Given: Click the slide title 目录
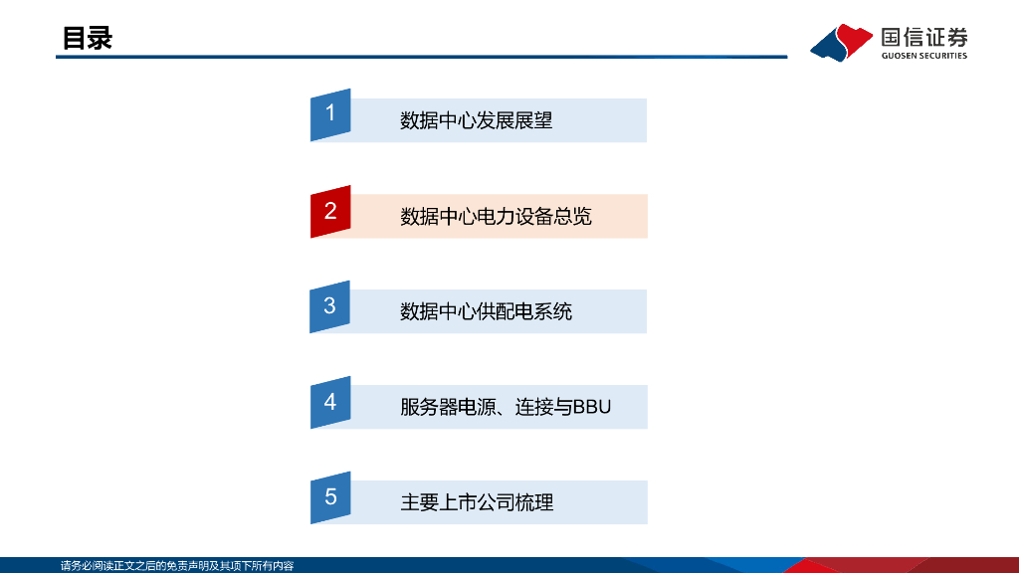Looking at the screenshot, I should point(87,38).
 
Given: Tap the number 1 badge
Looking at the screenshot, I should point(330,113).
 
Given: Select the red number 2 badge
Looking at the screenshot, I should point(330,210).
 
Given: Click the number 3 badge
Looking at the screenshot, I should point(330,305).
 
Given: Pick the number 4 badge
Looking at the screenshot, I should point(330,402).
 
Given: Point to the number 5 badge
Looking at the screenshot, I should point(330,497).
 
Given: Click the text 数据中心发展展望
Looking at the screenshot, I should point(476,121).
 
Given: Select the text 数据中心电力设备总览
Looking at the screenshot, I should point(496,217).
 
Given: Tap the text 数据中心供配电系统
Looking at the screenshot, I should point(486,312).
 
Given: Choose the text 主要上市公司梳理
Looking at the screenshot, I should point(476,503).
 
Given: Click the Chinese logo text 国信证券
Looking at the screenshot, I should point(923,38).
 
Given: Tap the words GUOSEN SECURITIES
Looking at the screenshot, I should point(923,56).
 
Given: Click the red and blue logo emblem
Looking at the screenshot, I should point(842,43).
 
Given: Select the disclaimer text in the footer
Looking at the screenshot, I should point(177,566).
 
